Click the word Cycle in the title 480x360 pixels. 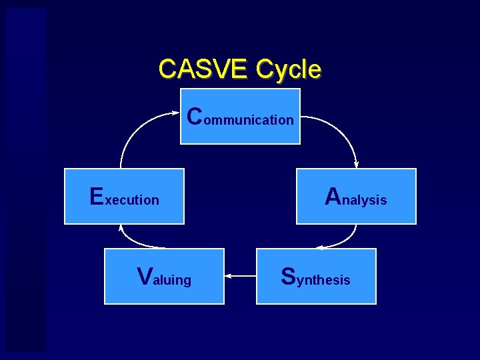(289, 69)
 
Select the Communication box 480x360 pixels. (241, 116)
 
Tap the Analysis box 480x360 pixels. (356, 196)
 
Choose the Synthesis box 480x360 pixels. (316, 276)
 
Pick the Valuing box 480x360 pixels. (164, 276)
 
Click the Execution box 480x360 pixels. (124, 196)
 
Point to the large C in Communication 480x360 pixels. (195, 116)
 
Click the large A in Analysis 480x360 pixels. (333, 196)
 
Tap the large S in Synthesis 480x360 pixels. (289, 276)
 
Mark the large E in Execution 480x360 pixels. (97, 196)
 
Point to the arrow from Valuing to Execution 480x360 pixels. (133, 241)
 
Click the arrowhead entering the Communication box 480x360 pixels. (176, 114)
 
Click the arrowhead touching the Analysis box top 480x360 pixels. (356, 165)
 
